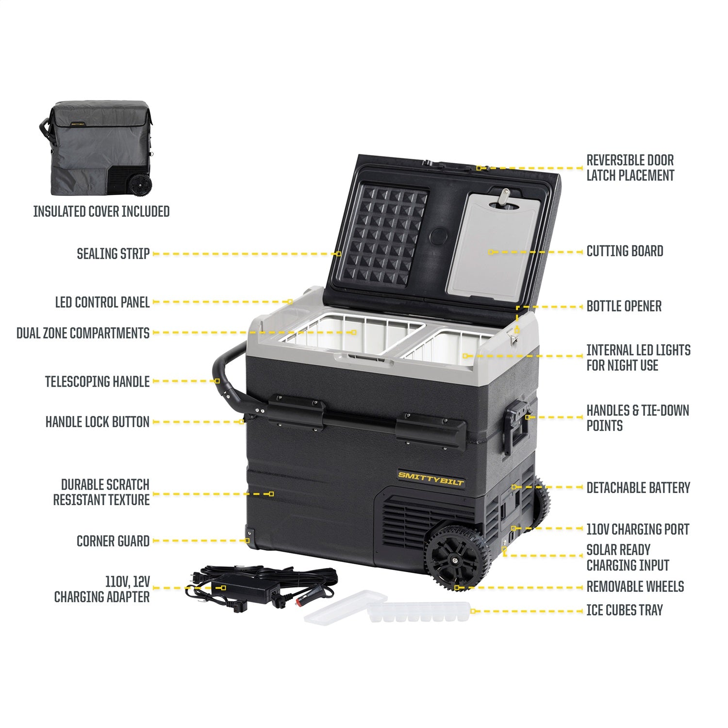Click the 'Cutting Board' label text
[625, 251]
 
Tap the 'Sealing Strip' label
[113, 254]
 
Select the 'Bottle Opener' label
[624, 306]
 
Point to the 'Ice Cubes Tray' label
[625, 611]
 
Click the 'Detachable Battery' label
[638, 488]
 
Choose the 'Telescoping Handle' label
[97, 382]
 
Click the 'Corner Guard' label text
[113, 541]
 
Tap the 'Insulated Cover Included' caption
[101, 212]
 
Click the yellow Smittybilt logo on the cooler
[431, 479]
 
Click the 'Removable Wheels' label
[635, 587]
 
